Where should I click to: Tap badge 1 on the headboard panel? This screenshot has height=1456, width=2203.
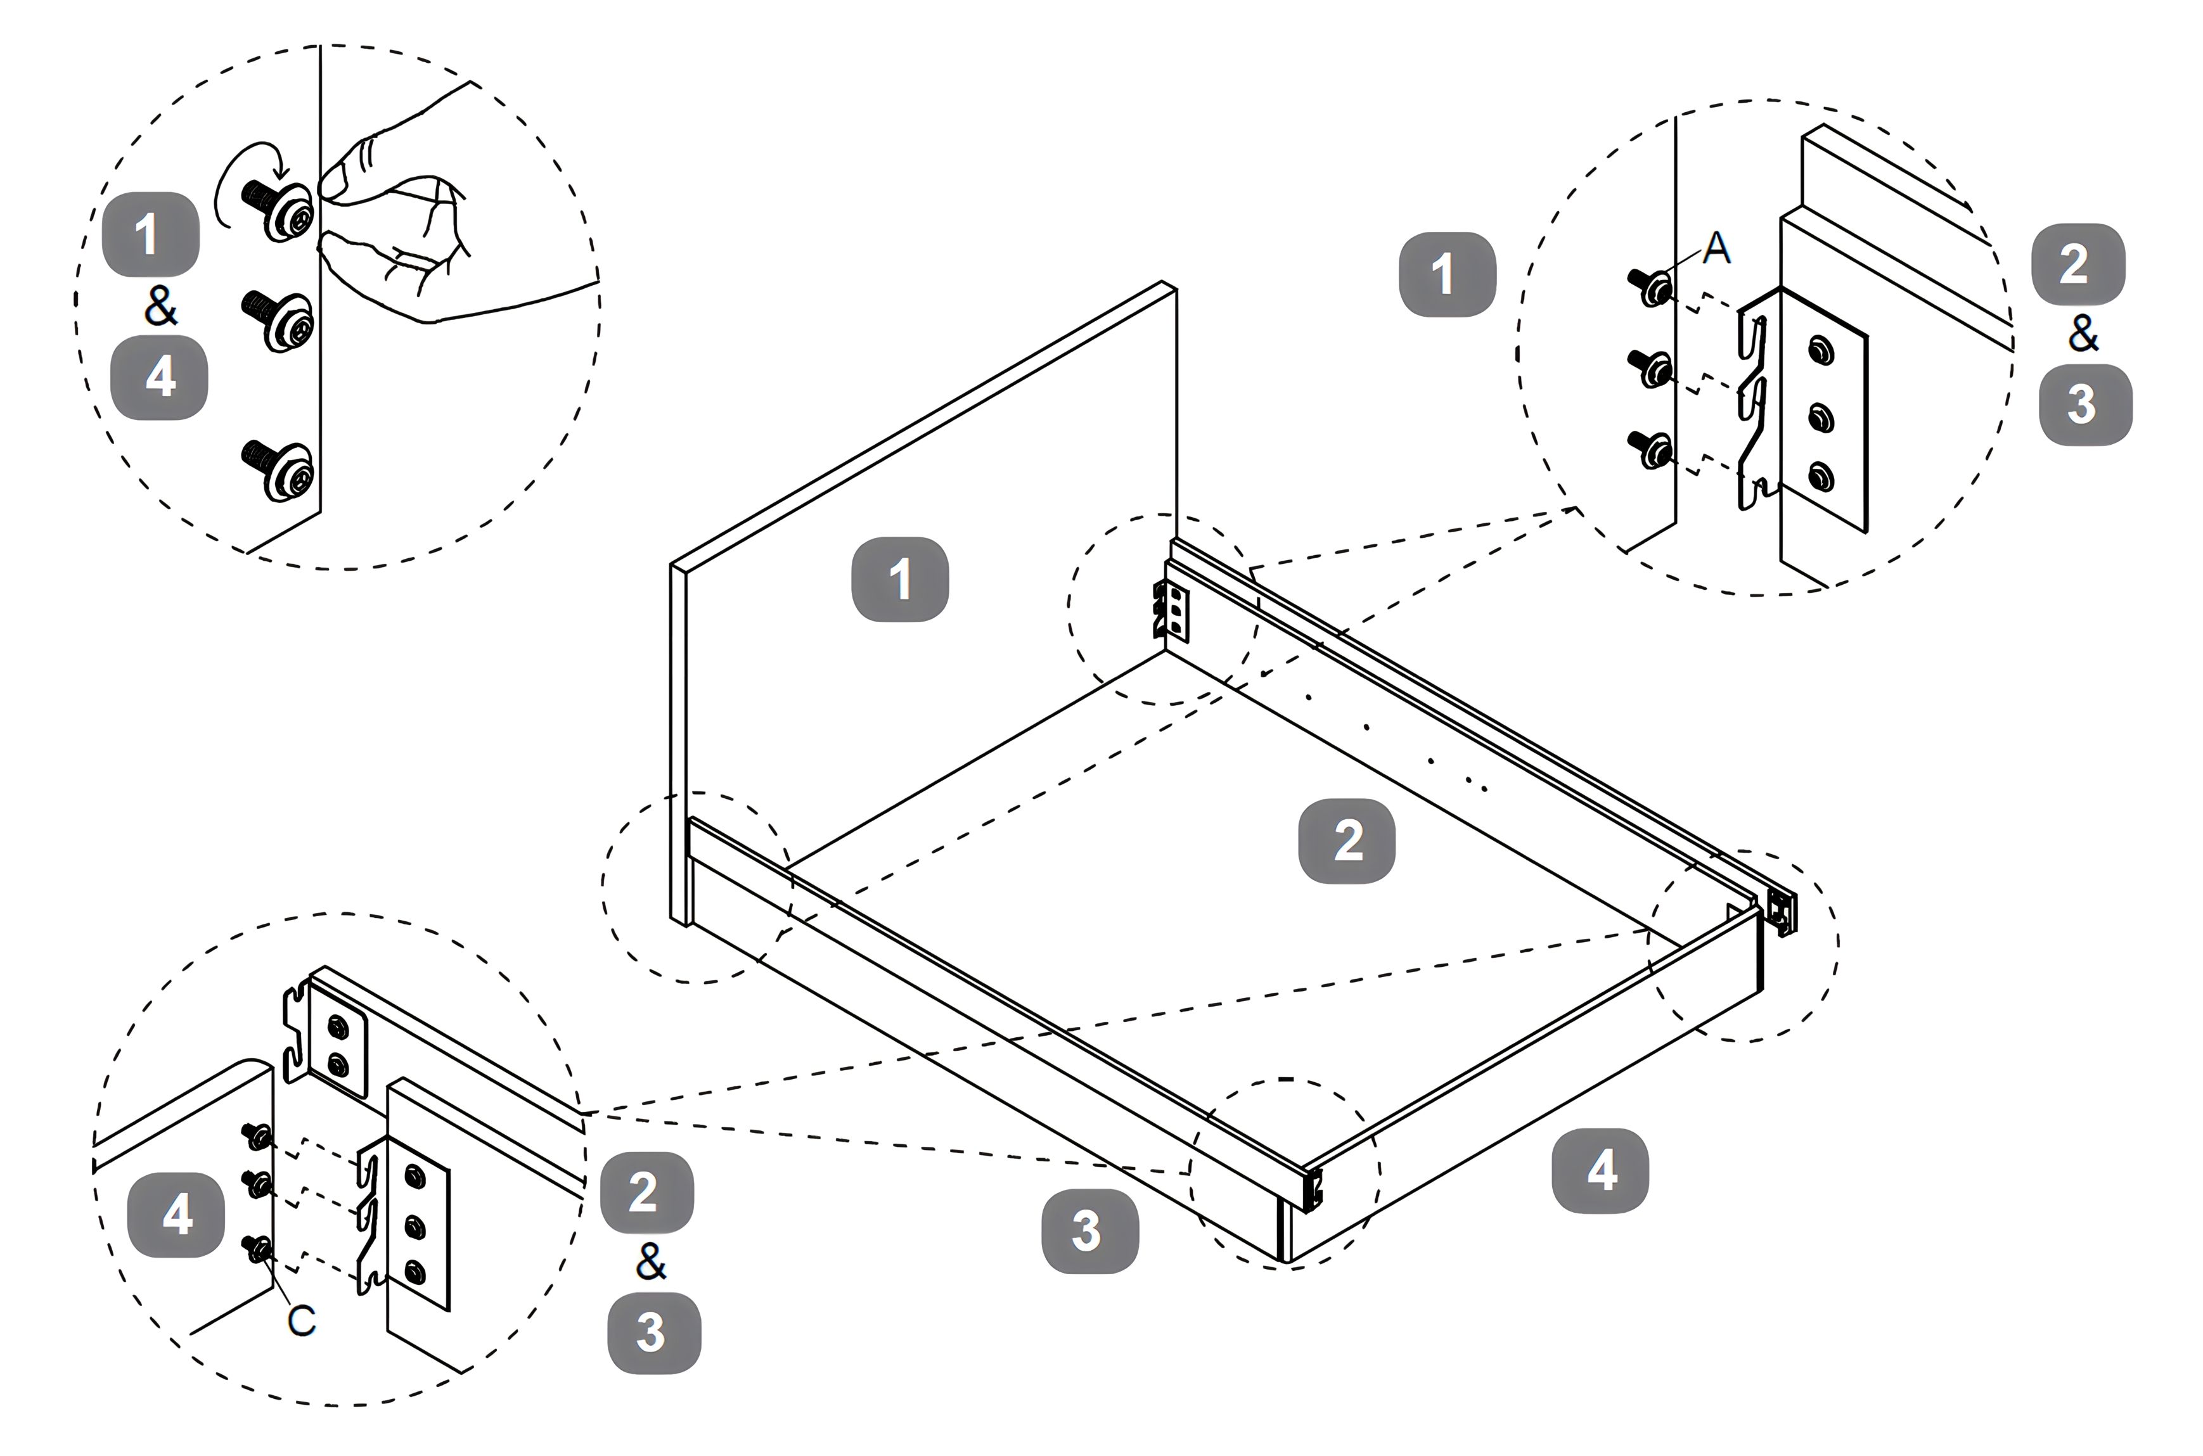pyautogui.click(x=899, y=578)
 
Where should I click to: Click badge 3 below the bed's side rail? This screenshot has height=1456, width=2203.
pyautogui.click(x=1088, y=1230)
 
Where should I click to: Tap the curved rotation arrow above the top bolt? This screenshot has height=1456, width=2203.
pyautogui.click(x=243, y=181)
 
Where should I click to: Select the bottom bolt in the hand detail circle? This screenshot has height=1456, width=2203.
pyautogui.click(x=279, y=469)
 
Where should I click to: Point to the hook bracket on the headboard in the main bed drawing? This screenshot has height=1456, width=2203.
pyautogui.click(x=1170, y=610)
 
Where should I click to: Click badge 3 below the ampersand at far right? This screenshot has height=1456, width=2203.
pyautogui.click(x=2084, y=405)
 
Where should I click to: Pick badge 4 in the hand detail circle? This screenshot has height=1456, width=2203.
pyautogui.click(x=159, y=378)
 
